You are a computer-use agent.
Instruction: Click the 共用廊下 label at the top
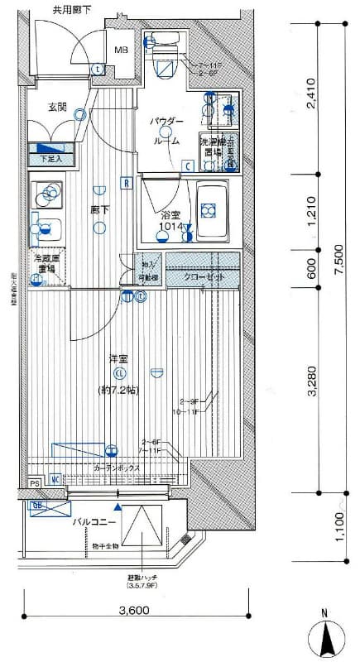tap(74, 10)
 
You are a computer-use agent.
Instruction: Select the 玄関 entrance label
tap(57, 107)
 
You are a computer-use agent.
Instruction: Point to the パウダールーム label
tap(166, 131)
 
